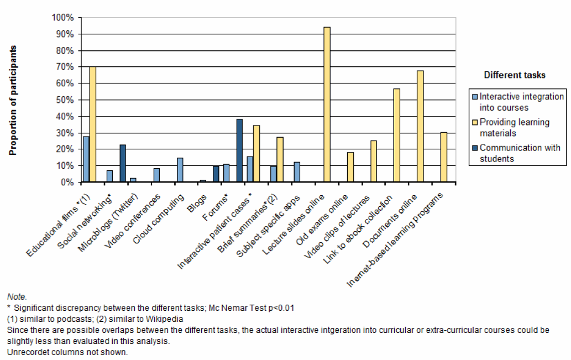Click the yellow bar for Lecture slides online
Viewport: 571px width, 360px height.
(327, 105)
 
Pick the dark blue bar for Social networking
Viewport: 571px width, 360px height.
(123, 163)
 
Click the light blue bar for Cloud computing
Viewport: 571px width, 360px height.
(180, 170)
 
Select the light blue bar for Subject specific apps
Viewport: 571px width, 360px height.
(297, 172)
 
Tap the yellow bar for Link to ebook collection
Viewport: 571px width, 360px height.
(396, 135)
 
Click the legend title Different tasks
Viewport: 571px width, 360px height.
(515, 75)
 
